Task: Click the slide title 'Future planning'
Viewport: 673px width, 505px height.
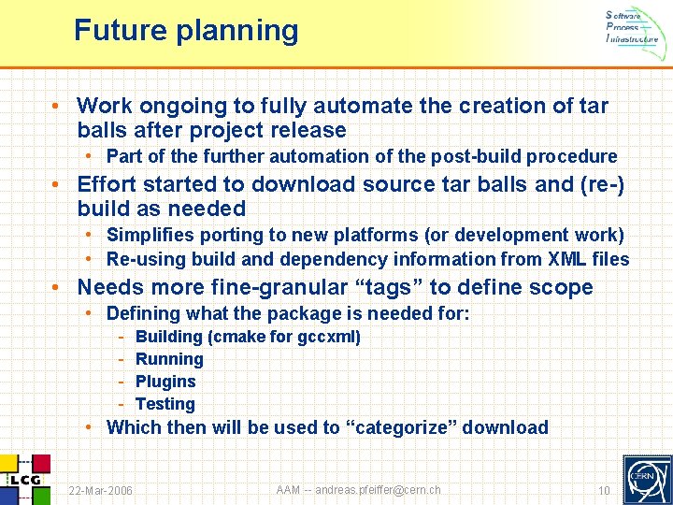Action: point(186,31)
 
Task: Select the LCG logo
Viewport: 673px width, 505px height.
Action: point(24,478)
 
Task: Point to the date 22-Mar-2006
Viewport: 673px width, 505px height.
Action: point(101,491)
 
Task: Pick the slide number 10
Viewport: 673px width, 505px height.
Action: point(604,491)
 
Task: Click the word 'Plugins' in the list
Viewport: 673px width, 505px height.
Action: point(165,382)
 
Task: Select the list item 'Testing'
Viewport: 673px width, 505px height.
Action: point(165,404)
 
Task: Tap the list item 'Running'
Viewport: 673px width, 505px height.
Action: point(169,359)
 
